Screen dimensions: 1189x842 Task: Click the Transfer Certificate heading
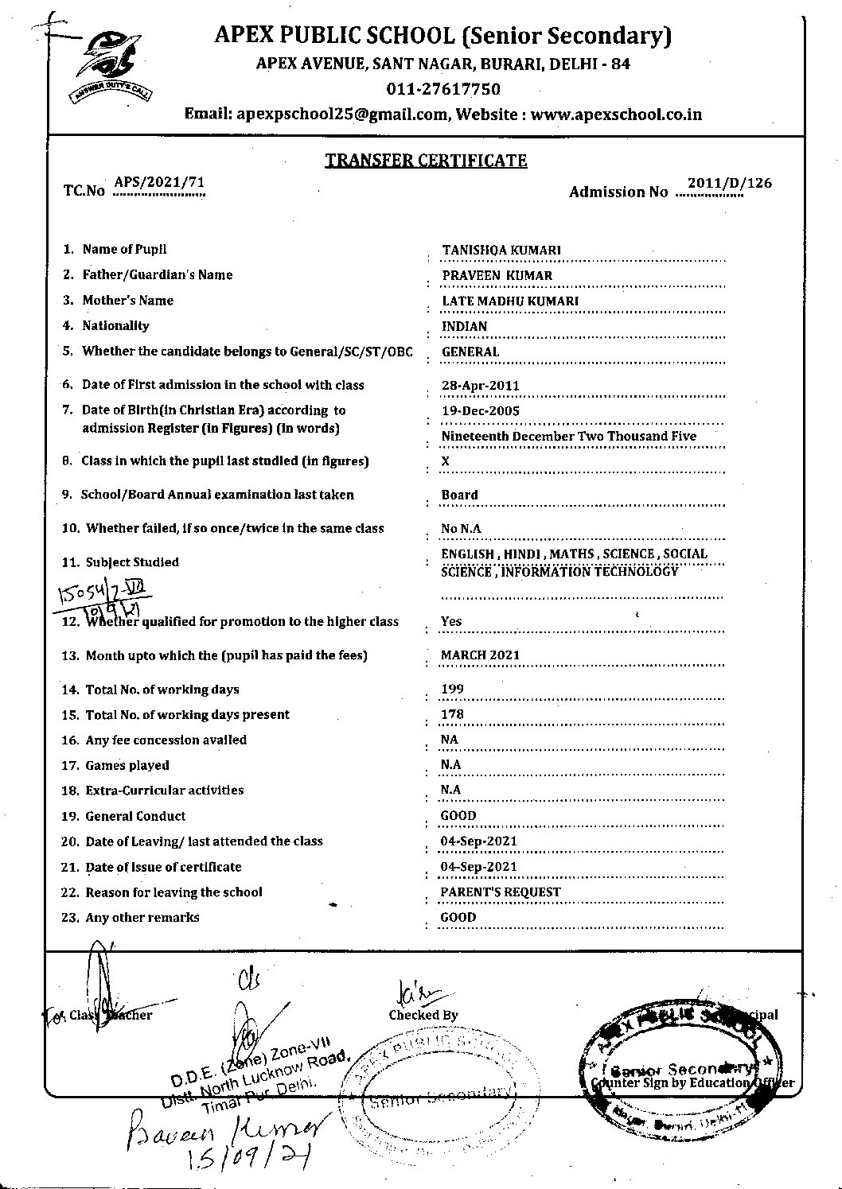426,161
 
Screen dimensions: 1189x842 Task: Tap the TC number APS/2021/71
159,182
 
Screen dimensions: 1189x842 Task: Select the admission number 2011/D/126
729,183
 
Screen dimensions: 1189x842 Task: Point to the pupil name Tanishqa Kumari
501,250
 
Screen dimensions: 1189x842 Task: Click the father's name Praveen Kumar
497,275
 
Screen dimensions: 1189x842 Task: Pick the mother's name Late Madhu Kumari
509,301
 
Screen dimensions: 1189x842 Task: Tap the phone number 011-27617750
443,89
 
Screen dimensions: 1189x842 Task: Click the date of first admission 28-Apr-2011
480,386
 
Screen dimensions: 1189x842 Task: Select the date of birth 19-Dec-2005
480,410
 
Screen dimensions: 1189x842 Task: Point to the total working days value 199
452,690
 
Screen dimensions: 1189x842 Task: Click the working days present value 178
452,714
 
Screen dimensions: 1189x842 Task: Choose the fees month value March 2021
480,655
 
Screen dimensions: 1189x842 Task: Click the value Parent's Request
500,892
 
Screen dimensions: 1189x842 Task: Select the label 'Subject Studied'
132,562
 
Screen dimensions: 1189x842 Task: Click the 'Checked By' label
423,1015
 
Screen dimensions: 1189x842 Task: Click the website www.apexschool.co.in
616,115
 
